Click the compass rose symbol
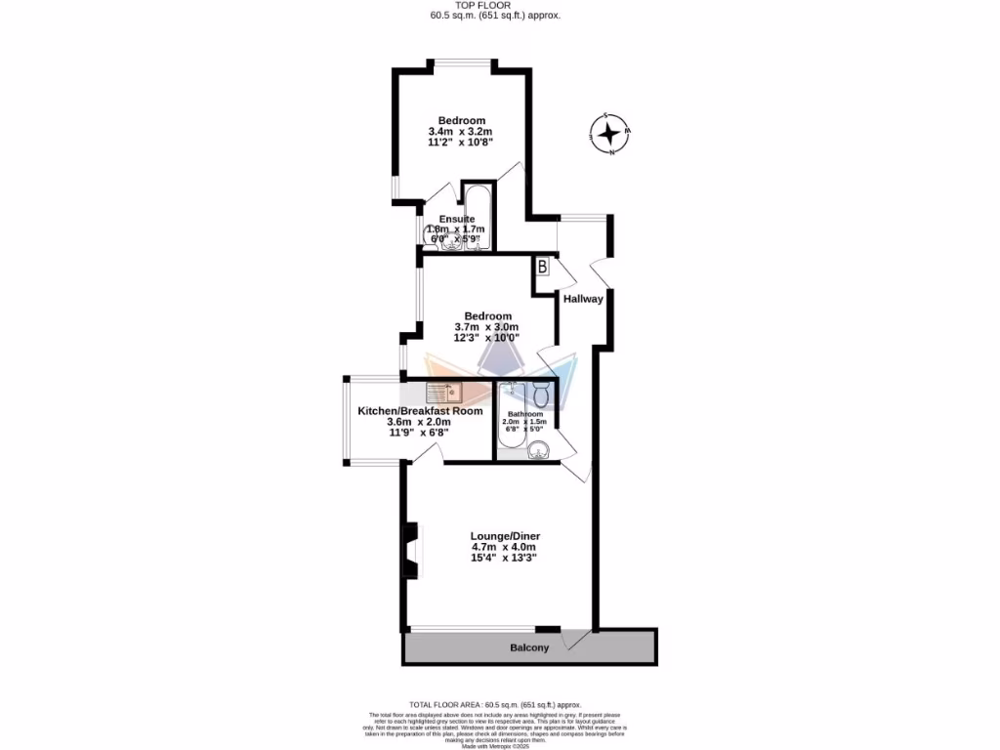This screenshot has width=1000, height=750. [x=610, y=134]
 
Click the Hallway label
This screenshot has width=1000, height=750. [x=583, y=299]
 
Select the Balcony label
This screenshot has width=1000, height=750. [x=529, y=647]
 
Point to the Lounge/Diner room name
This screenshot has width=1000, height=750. [x=505, y=536]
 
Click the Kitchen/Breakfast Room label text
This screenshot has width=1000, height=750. [x=420, y=411]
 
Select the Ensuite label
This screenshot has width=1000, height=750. [x=457, y=219]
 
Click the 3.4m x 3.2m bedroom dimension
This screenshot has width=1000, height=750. [x=460, y=132]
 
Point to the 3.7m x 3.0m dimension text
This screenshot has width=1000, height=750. [x=486, y=327]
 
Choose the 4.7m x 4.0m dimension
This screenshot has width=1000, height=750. [x=504, y=547]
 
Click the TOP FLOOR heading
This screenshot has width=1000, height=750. [x=496, y=6]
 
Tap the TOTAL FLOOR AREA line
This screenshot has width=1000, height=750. [x=495, y=704]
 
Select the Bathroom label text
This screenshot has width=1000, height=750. [x=524, y=414]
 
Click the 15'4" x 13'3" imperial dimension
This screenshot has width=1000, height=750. [x=504, y=558]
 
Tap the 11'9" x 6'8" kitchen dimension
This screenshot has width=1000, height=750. [x=420, y=433]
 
